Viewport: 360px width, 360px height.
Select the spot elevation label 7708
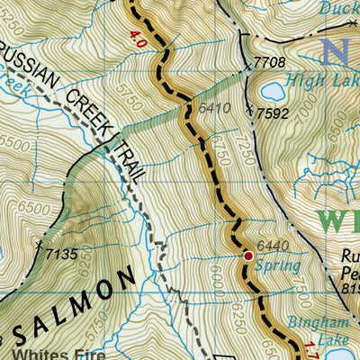pos(270,62)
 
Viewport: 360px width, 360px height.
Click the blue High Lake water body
pos(271,91)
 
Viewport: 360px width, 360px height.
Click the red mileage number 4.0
pos(137,40)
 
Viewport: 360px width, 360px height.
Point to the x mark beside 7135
pos(38,244)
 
